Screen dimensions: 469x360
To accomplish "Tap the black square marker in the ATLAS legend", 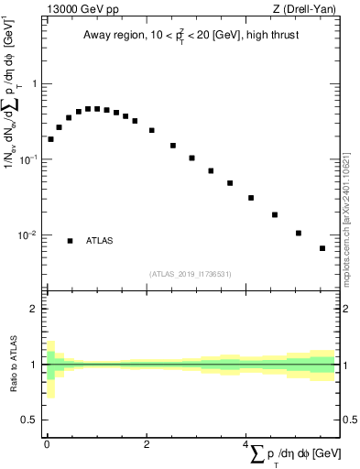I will [x=70, y=241].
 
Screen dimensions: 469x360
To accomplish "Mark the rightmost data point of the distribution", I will [x=322, y=248].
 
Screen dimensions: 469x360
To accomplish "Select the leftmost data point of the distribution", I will [x=50, y=139].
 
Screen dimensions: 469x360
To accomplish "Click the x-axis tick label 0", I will [x=47, y=444].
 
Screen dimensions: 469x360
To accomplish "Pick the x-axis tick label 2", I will [x=146, y=444].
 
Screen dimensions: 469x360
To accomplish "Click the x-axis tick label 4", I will [x=245, y=444].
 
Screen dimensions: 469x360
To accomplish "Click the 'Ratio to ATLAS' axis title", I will [x=13, y=364].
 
